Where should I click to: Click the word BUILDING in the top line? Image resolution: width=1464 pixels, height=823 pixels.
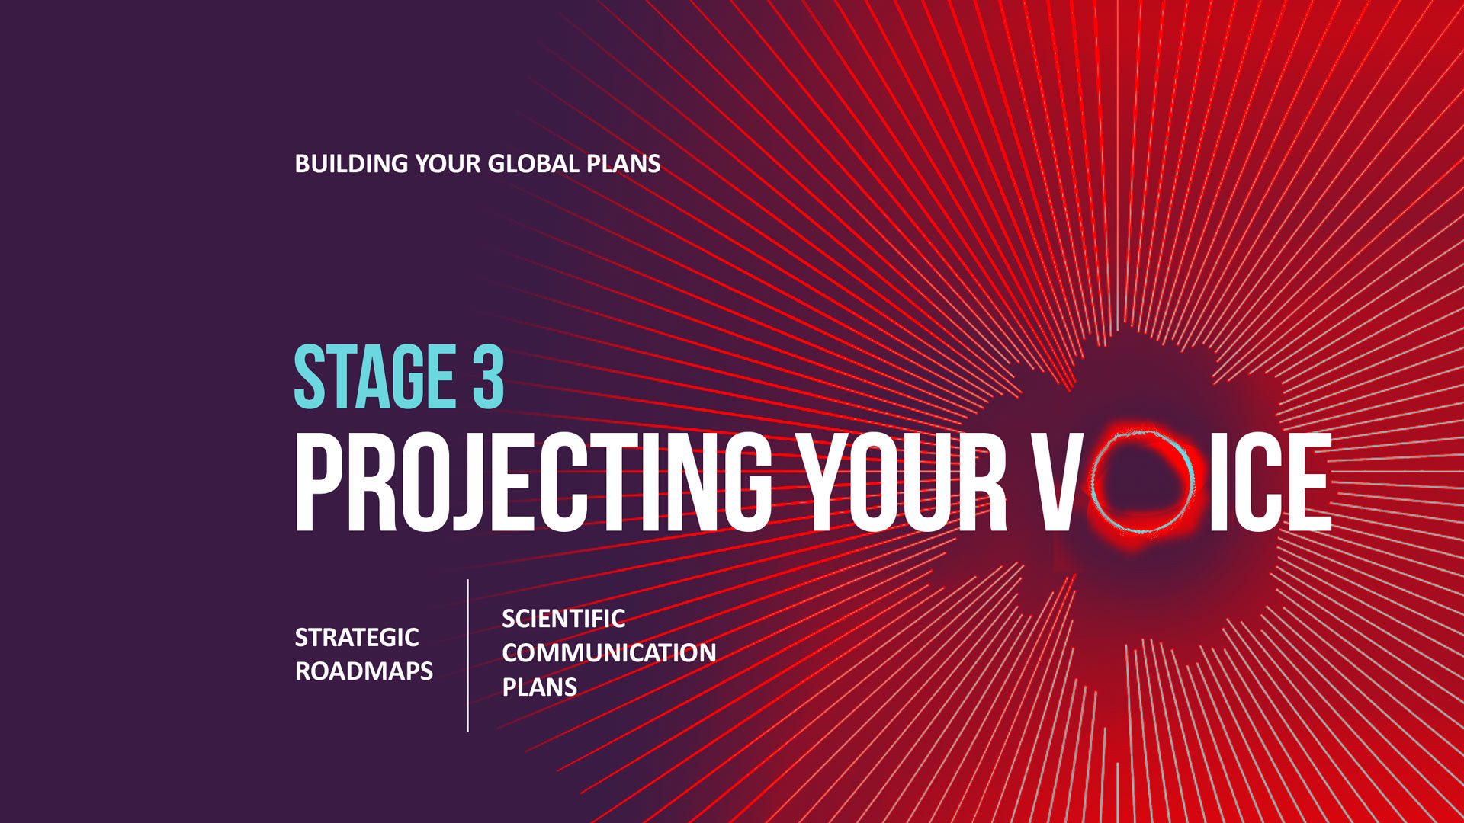click(352, 164)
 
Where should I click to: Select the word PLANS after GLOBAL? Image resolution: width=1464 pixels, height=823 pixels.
click(623, 164)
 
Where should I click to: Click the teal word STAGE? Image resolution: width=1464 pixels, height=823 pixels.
click(375, 376)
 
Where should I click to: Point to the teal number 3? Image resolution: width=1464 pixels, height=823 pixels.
click(488, 376)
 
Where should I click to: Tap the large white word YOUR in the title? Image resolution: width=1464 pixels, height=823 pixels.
click(906, 482)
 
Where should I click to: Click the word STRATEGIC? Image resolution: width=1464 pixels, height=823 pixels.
click(357, 637)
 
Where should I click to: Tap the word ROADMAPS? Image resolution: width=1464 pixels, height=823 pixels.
click(364, 671)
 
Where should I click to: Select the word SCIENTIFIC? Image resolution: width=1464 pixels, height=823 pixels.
click(563, 619)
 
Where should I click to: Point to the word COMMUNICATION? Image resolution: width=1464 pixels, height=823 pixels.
click(609, 653)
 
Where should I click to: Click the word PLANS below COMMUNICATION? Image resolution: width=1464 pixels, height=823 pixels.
click(539, 687)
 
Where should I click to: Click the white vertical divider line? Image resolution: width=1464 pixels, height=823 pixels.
click(468, 655)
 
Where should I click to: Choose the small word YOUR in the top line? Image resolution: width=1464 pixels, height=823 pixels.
click(448, 164)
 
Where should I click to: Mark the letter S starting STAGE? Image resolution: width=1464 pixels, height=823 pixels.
click(310, 376)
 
